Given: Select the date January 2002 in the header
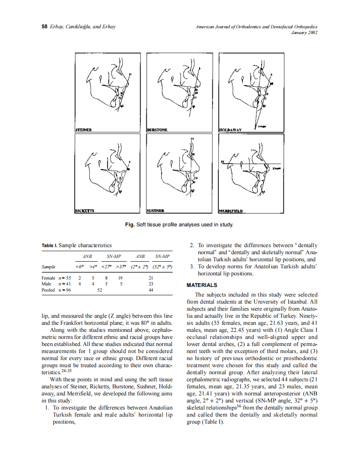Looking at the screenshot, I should coord(305,33).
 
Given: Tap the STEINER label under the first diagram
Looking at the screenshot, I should coord(84,130).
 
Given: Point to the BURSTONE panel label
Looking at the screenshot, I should coord(158,130).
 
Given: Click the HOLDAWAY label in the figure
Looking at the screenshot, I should coord(230,130).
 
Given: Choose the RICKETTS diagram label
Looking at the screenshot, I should coord(85,211).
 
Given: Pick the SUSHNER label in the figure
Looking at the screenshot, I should coord(157,211).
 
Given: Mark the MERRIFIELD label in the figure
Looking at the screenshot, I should coord(231,211).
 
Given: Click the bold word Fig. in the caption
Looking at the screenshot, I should coord(130,225).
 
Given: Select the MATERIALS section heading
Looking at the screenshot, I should coord(202,285).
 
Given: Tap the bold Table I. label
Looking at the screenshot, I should coord(49,245).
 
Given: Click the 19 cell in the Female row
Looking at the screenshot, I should coord(120,277).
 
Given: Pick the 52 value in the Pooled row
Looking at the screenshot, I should coord(100,290).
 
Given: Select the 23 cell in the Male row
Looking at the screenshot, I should coord(151,284).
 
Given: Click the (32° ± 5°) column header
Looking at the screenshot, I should coord(162,267).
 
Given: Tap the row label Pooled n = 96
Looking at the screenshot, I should coord(56,290).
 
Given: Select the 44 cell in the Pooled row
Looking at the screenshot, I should coord(151,290).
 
